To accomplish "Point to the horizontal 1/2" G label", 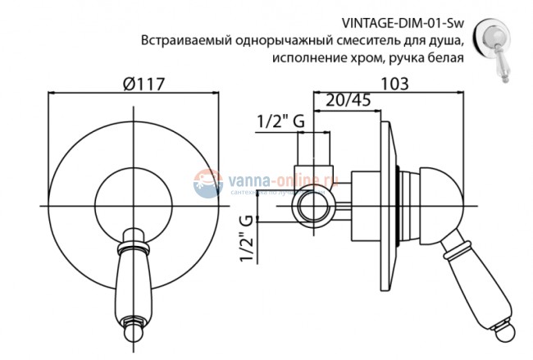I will pyautogui.click(x=280, y=121).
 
